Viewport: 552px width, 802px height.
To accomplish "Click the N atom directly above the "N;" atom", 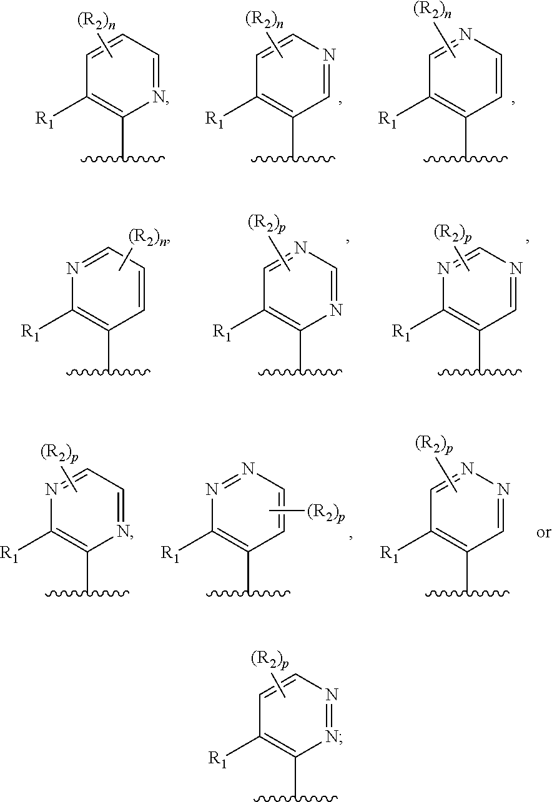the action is tap(331, 694).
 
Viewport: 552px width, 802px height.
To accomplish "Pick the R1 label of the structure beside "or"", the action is tap(392, 553).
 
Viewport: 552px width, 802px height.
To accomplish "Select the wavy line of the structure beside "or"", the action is tap(469, 592).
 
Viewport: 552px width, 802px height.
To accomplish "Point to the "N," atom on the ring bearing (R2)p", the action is tap(125, 533).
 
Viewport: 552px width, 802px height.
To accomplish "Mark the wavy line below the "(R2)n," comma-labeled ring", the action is tap(108, 373).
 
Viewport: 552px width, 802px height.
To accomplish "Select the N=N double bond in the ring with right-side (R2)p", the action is tap(228, 477).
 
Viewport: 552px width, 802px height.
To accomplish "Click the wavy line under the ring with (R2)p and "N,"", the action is tap(87, 592).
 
